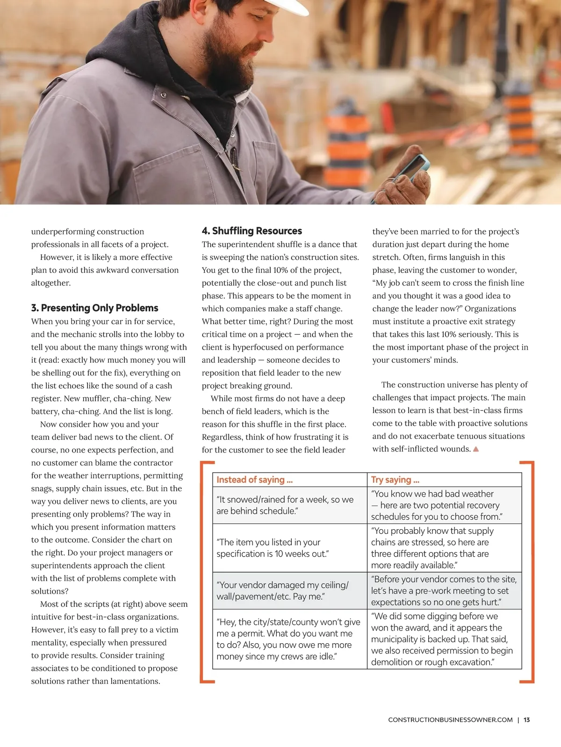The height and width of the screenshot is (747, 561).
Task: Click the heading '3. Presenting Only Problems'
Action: point(94,308)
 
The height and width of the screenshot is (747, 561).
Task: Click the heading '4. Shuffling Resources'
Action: point(252,230)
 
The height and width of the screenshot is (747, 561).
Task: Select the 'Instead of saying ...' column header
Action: point(254,480)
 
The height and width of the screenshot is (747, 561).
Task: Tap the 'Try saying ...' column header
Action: point(395,480)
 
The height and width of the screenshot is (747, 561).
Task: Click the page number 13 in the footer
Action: point(526,720)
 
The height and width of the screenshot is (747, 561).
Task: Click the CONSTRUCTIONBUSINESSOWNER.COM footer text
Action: point(450,720)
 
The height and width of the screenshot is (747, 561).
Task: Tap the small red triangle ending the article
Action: point(476,449)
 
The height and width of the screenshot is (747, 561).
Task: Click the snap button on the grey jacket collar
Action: point(164,95)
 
